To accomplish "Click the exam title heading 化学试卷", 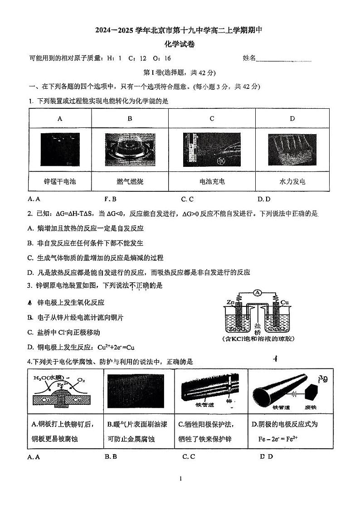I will point(180,45).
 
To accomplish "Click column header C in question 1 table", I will point(212,119).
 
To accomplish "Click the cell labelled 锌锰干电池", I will point(59,182).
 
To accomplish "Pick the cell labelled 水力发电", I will point(292,182).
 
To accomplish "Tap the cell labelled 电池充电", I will point(212,182).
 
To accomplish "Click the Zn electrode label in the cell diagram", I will point(231,301).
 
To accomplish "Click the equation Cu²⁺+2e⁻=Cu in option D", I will point(110,348).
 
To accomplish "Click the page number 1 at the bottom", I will point(180,479).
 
